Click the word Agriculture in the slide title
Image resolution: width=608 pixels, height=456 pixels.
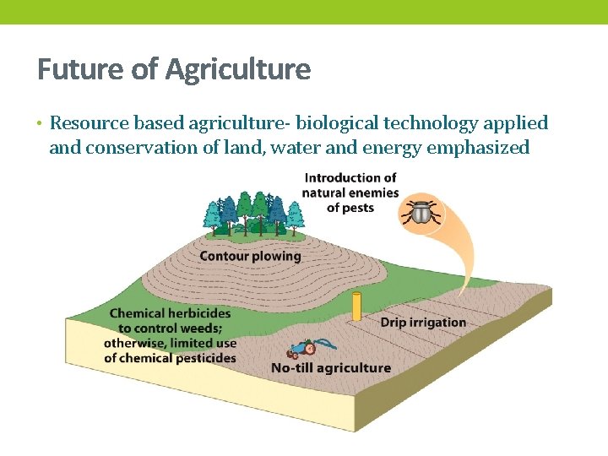point(238,69)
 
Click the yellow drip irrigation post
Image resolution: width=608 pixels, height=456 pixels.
point(356,307)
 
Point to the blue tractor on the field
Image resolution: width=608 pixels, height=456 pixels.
point(300,347)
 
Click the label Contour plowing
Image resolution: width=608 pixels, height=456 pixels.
point(250,256)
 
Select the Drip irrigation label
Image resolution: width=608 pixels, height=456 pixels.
point(423,322)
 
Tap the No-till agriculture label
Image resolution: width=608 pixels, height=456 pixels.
point(331,368)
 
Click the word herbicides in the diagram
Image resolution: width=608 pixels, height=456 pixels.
point(198,313)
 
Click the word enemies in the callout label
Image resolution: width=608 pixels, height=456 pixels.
point(372,193)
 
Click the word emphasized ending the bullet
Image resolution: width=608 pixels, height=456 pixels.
point(479,148)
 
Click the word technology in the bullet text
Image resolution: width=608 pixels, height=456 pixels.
point(431,123)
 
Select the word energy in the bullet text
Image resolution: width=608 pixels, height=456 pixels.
point(383,148)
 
